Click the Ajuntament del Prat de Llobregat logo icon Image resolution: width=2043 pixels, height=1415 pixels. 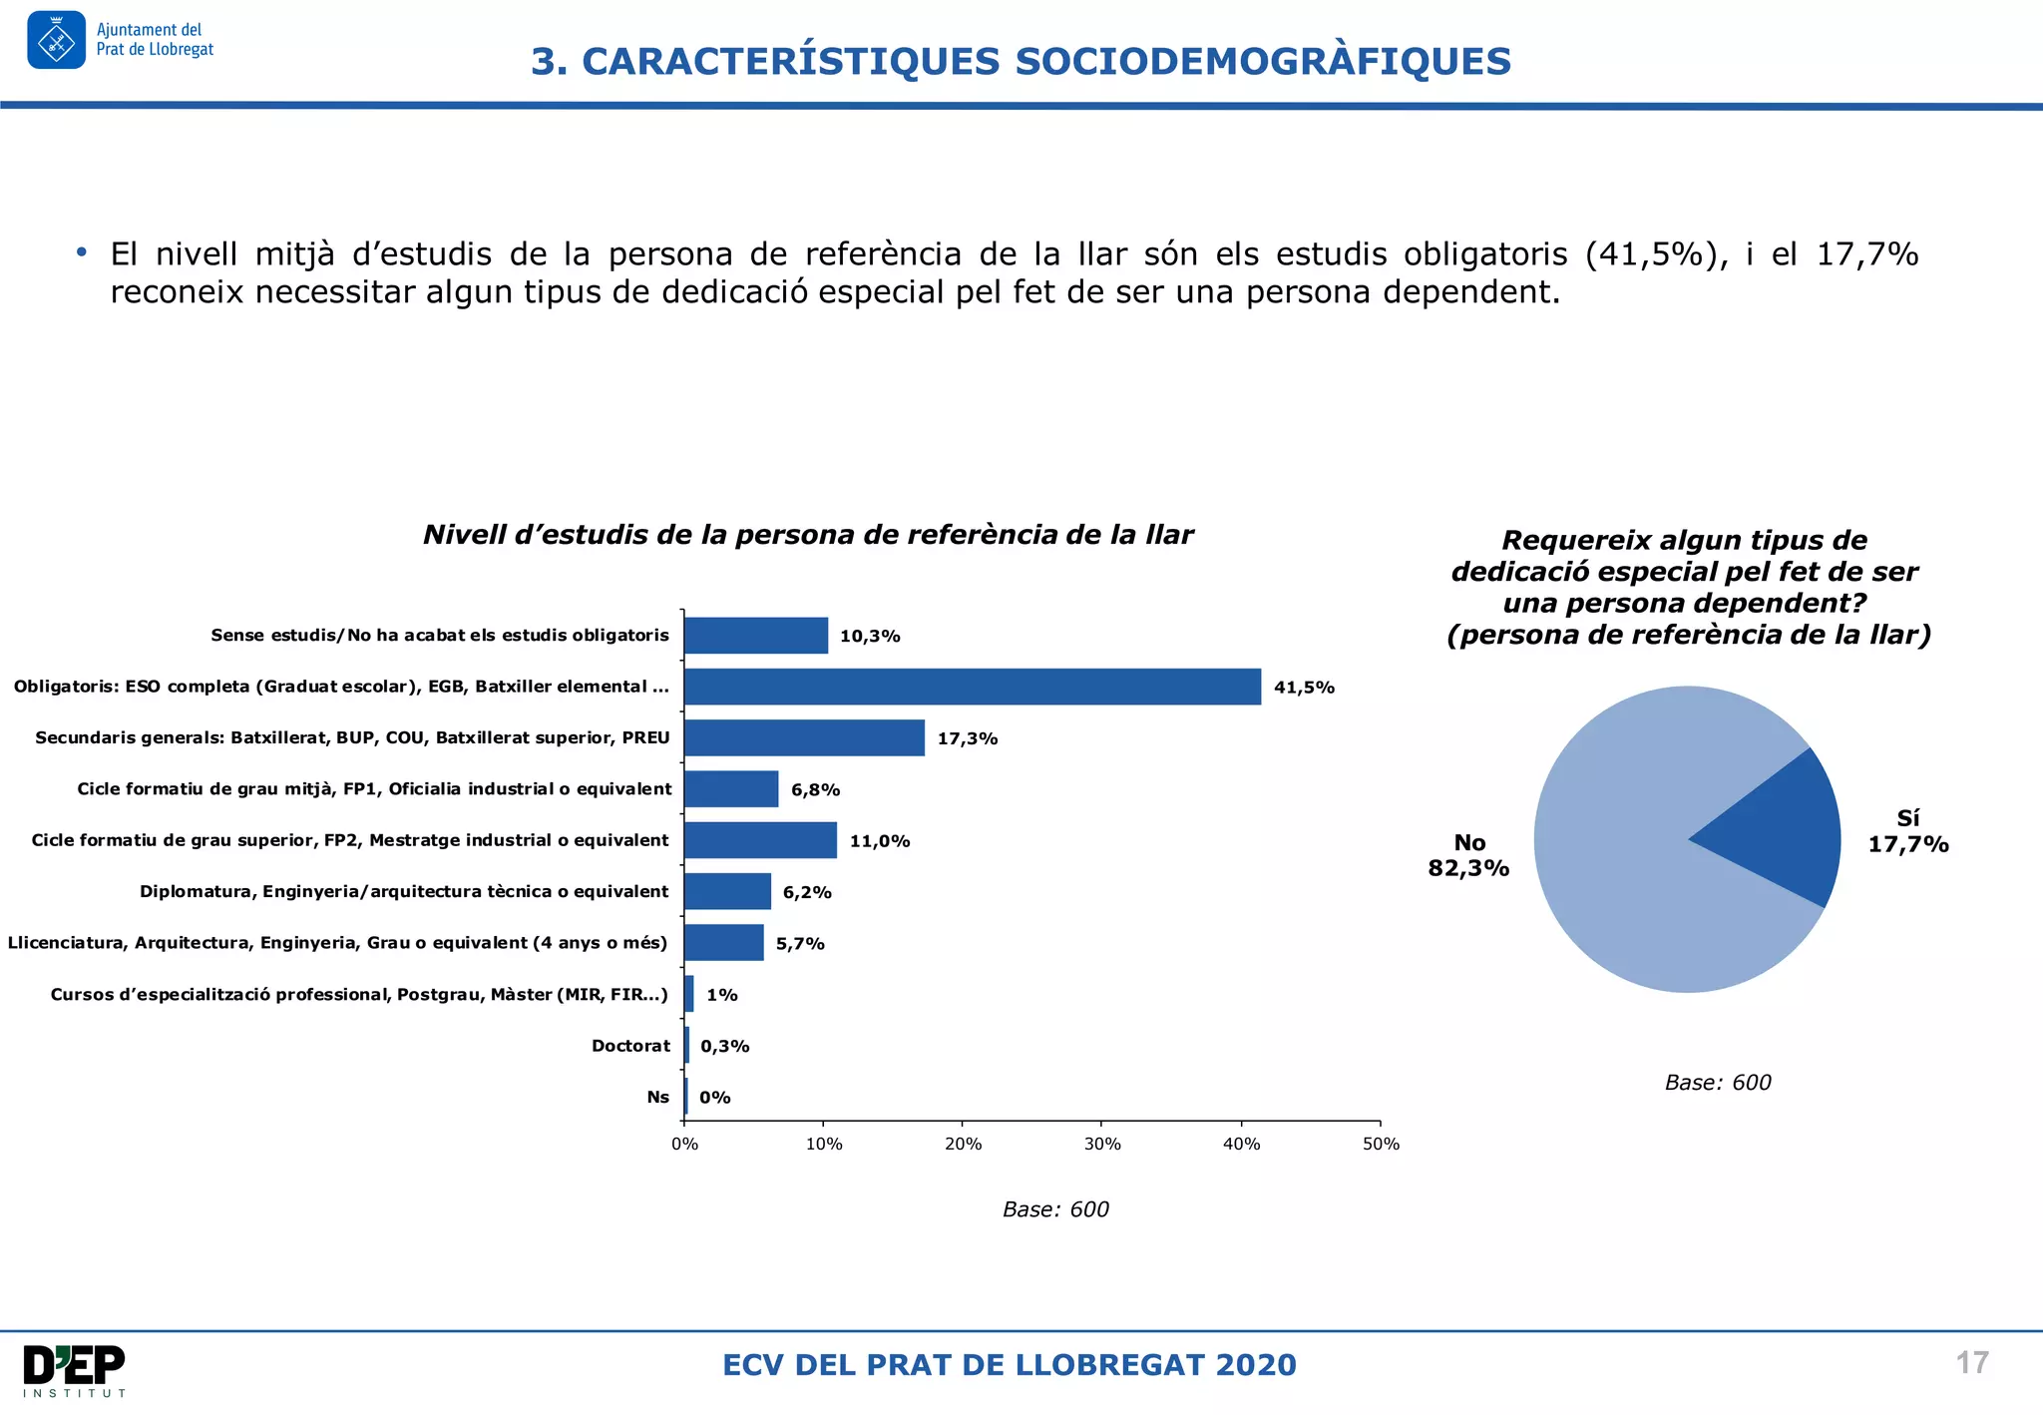tap(57, 40)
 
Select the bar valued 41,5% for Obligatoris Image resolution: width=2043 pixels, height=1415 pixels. tap(973, 687)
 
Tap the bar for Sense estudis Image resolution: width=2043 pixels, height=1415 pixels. tap(756, 636)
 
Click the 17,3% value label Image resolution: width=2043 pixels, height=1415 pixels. tap(967, 738)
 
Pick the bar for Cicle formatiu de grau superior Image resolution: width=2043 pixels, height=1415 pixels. tap(760, 840)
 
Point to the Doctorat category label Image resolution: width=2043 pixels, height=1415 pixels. tap(630, 1046)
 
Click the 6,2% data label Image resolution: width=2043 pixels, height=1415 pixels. tap(806, 892)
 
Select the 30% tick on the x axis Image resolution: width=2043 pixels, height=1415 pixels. tap(1102, 1144)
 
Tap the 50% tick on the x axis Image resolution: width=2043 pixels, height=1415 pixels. tap(1381, 1144)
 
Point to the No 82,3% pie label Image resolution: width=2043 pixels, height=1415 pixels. tap(1468, 855)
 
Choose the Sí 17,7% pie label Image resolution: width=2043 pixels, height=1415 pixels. tap(1907, 831)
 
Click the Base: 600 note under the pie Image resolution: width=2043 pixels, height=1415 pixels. tap(1717, 1083)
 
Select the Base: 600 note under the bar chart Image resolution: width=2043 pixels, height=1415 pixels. tap(1055, 1209)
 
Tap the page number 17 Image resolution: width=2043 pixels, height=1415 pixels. tap(1971, 1363)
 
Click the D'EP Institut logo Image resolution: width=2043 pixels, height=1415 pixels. tap(75, 1370)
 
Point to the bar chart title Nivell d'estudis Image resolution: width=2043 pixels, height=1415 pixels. tap(808, 535)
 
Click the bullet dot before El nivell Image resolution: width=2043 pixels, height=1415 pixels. tap(82, 252)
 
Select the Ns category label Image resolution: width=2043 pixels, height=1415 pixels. tap(657, 1097)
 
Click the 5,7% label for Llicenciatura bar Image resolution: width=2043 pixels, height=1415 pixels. tap(800, 943)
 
